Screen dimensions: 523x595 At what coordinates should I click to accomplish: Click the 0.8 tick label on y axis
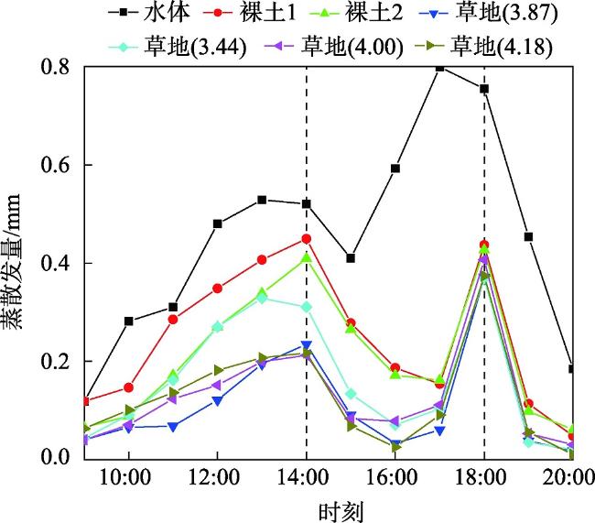pyautogui.click(x=59, y=67)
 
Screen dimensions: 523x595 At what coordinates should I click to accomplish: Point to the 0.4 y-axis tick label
pyautogui.click(x=59, y=264)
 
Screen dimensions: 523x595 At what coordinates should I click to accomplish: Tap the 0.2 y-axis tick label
pyautogui.click(x=59, y=362)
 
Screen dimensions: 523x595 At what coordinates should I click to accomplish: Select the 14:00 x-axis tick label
pyautogui.click(x=306, y=478)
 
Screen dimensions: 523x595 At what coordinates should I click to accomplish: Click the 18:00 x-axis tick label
pyautogui.click(x=483, y=478)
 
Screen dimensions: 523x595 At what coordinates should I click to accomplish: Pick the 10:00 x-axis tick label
pyautogui.click(x=128, y=478)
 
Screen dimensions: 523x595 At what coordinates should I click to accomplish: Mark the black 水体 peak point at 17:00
pyautogui.click(x=439, y=67)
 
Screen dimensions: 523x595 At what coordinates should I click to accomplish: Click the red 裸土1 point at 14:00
pyautogui.click(x=306, y=238)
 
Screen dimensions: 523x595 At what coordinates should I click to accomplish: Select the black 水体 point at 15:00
pyautogui.click(x=351, y=258)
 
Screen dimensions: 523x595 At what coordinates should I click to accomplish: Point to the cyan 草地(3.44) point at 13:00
pyautogui.click(x=262, y=299)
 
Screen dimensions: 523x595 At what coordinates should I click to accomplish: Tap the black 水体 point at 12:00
pyautogui.click(x=218, y=223)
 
